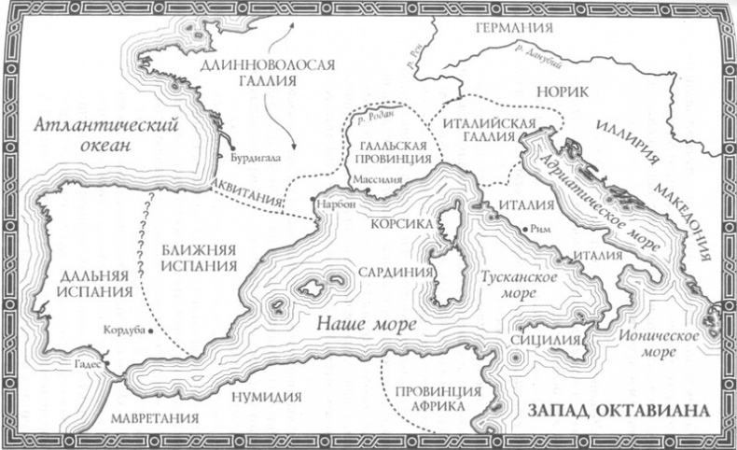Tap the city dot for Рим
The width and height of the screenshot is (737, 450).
pos(525,227)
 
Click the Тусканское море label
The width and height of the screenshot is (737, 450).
pos(518,287)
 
